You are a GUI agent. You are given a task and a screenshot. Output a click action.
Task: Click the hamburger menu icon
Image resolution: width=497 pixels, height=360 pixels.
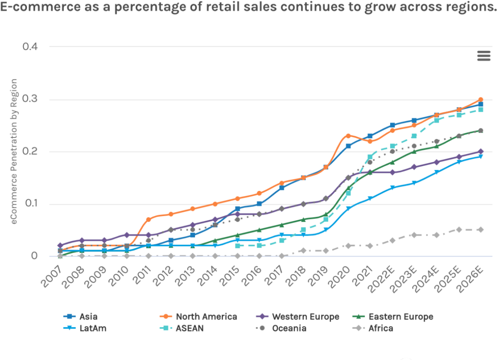484,56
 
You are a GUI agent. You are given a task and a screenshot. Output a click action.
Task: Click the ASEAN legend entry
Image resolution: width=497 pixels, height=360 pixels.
190,328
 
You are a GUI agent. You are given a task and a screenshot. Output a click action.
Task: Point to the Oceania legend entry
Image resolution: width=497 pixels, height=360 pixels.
289,328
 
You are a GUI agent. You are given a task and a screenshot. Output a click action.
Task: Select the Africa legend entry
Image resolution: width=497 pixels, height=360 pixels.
381,328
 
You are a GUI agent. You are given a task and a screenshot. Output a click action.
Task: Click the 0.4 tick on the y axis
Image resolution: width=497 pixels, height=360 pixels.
31,46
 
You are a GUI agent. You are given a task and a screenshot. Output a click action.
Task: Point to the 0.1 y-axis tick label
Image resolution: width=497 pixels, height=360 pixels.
31,204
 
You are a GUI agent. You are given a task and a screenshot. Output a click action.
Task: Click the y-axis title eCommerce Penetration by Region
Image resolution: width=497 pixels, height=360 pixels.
14,151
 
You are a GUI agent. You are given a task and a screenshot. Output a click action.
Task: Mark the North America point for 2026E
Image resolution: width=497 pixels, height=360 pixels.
481,100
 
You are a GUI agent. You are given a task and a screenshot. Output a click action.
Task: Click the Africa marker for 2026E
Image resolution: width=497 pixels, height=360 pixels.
481,229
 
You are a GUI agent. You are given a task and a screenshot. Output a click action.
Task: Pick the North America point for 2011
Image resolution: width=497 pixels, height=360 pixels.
148,219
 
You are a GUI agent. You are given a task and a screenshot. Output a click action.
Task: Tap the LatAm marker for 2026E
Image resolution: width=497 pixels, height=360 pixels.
481,157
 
